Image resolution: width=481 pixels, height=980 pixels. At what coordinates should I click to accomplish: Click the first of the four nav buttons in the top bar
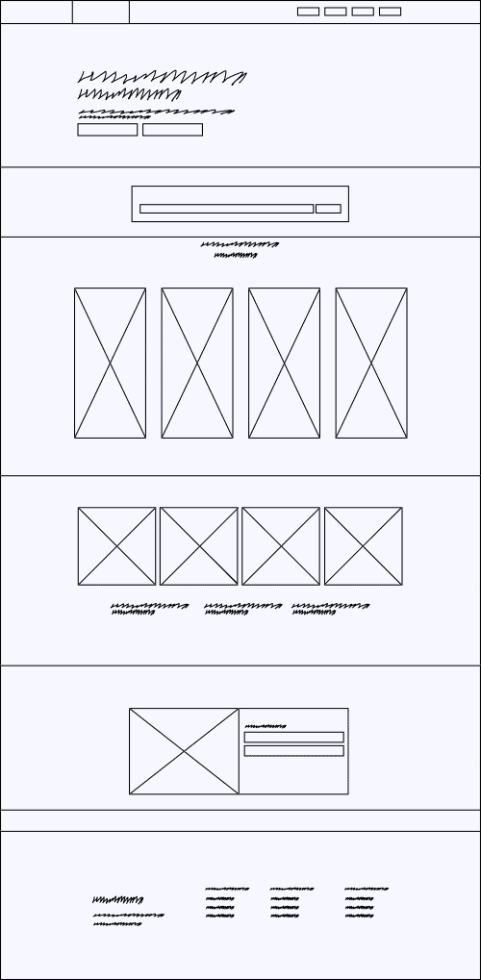(x=308, y=12)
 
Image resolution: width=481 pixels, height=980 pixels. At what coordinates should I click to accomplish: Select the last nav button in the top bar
(x=390, y=12)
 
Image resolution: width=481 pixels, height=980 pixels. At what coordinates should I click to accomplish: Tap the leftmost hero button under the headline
(x=107, y=130)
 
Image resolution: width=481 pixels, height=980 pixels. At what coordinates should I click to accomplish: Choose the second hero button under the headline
(x=172, y=130)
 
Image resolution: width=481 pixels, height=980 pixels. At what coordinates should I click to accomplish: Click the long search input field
(x=226, y=209)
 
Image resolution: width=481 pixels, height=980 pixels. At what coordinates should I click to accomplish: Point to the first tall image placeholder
(x=110, y=363)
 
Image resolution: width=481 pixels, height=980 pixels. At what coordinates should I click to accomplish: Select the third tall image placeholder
(x=284, y=363)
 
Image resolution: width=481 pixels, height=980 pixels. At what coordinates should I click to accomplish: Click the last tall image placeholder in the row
(x=371, y=363)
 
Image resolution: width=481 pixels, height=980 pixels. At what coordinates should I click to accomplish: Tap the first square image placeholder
(x=116, y=545)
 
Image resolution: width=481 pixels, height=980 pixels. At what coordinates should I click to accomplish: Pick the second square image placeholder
(x=198, y=545)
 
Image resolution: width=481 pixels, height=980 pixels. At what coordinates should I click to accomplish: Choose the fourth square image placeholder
(x=363, y=545)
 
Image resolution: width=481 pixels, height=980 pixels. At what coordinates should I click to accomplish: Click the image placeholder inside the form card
(x=184, y=751)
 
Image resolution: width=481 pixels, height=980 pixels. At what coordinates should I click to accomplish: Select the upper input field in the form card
(x=293, y=738)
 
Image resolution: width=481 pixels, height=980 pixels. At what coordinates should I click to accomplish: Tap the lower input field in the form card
(x=293, y=751)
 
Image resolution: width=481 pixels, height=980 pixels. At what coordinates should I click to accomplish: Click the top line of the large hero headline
(x=163, y=77)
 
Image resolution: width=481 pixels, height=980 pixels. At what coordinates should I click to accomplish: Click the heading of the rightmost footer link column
(x=367, y=889)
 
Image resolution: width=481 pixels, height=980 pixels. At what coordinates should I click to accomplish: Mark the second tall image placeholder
(x=197, y=363)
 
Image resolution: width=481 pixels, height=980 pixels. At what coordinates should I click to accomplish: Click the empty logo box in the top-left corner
(x=36, y=12)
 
